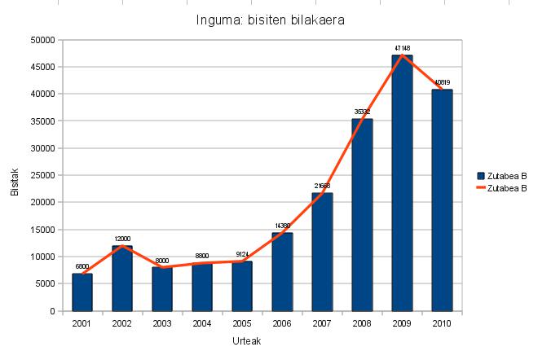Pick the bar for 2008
(363, 215)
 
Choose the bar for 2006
(282, 272)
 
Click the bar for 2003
(162, 288)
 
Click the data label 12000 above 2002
(122, 239)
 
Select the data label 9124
(242, 254)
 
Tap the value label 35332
(363, 112)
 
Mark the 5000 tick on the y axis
(45, 284)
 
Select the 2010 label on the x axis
(443, 323)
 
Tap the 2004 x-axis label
(202, 323)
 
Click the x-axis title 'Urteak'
(262, 342)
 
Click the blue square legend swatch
(481, 176)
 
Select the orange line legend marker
(481, 188)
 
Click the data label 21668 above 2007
(322, 187)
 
